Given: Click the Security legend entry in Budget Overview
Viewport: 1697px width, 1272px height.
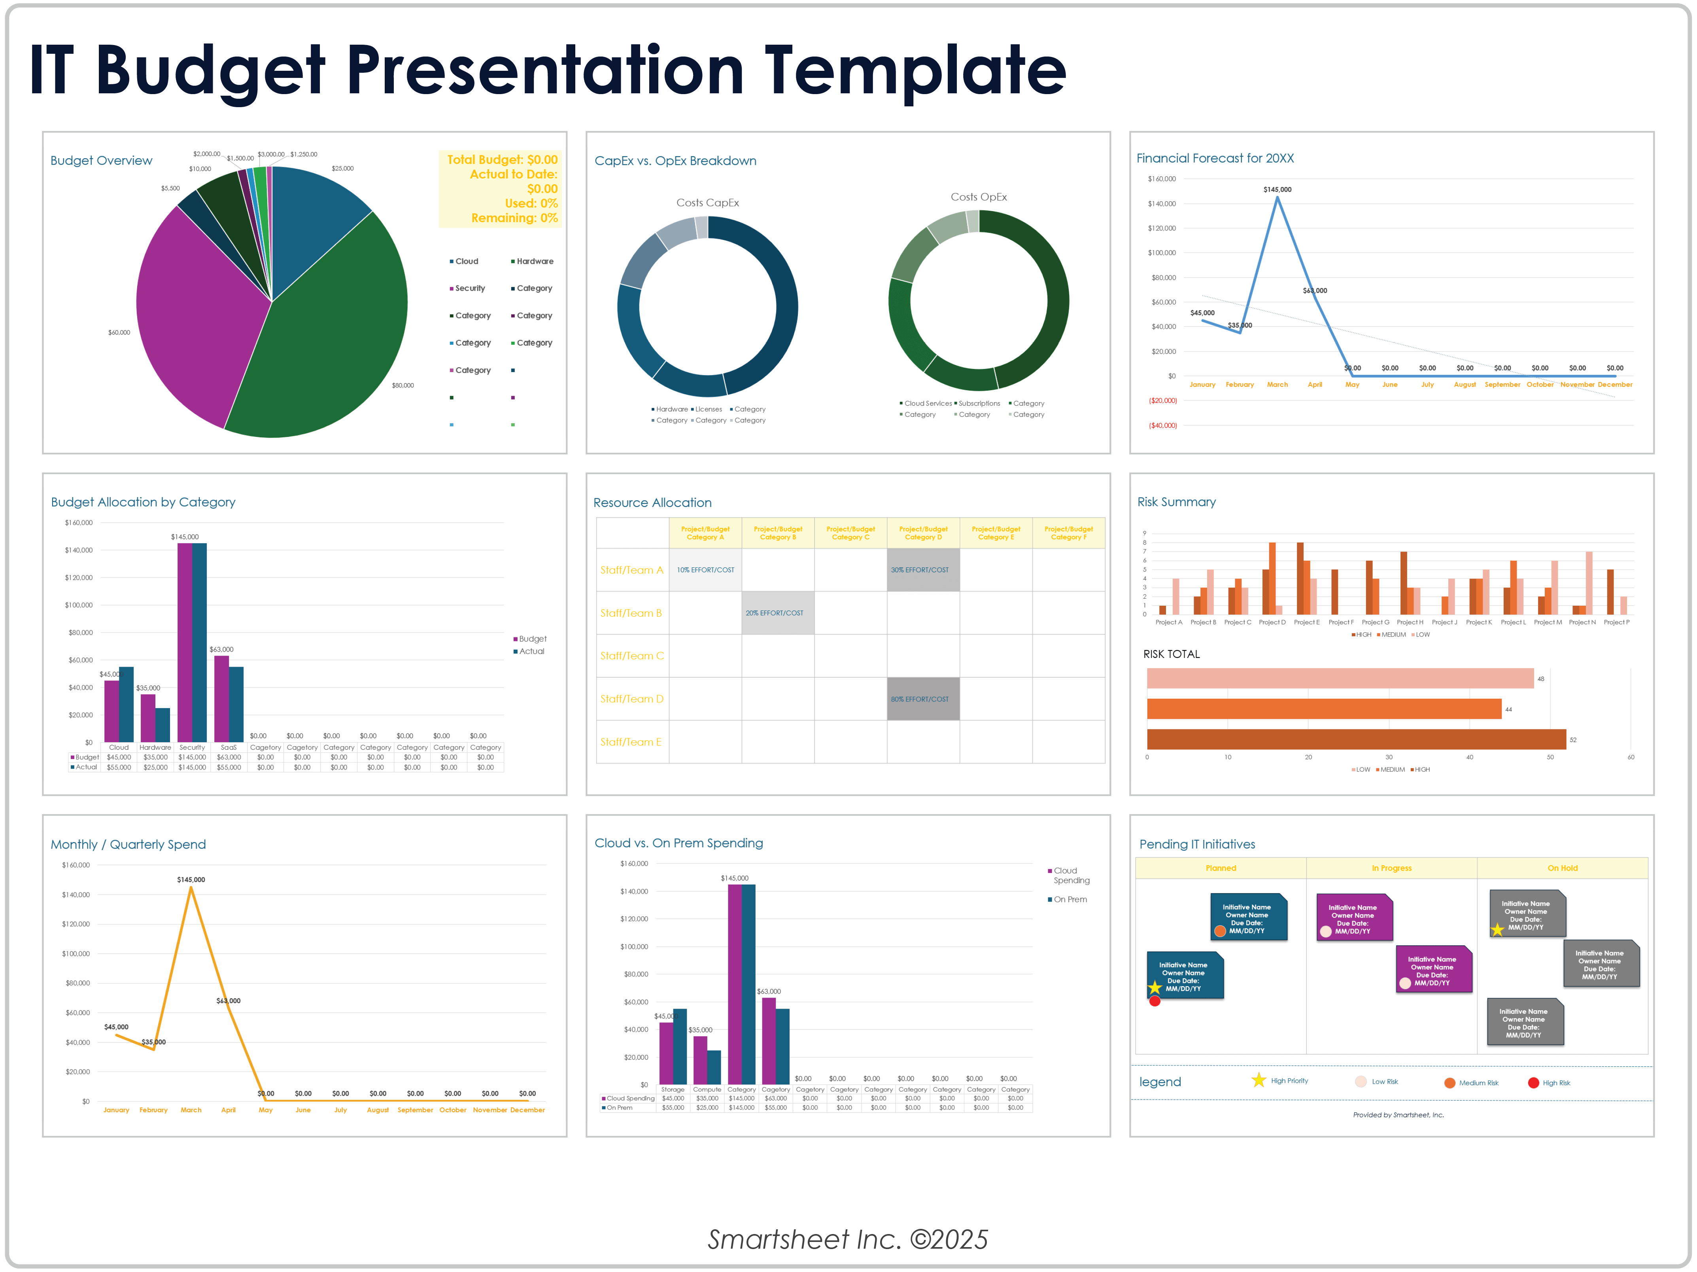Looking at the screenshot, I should pos(469,289).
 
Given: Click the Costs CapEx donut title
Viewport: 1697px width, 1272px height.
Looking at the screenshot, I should pos(707,202).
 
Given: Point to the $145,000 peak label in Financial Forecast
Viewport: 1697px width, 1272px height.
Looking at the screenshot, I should pos(1277,189).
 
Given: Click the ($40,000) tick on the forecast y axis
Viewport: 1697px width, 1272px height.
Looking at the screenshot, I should pos(1162,425).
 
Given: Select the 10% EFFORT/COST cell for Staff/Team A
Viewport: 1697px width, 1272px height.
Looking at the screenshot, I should pos(705,570).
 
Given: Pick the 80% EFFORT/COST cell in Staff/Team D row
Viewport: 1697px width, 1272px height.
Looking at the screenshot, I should pos(923,699).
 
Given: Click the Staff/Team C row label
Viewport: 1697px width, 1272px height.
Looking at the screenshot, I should pos(631,656).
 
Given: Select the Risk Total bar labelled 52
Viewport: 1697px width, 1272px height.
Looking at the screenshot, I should pos(1356,739).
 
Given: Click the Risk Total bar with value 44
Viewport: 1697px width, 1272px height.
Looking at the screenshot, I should pos(1323,709).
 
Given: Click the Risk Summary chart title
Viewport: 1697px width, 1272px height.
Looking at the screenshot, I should pos(1176,502).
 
